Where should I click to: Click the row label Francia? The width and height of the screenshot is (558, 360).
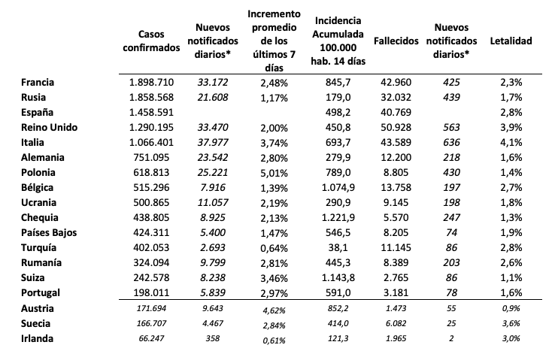pos(38,82)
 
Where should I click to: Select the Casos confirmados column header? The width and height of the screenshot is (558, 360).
pos(151,41)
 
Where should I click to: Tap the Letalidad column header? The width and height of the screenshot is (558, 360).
pos(511,41)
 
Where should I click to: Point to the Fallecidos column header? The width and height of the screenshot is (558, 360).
pos(396,41)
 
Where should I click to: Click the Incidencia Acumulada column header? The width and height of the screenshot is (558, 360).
pos(338,41)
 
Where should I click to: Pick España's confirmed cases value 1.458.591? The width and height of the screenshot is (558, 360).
pos(151,113)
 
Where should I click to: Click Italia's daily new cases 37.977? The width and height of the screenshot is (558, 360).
pos(213,142)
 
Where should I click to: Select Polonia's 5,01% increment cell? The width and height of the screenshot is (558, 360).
pos(274,173)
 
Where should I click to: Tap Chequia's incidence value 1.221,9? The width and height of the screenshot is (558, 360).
pos(338,217)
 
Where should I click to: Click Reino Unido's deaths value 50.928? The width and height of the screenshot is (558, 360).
pos(396,127)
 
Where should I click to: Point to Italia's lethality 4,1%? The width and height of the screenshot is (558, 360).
pos(511,142)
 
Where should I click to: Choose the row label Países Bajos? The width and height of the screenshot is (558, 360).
pos(49,233)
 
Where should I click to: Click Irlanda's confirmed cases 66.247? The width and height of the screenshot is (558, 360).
pos(151,338)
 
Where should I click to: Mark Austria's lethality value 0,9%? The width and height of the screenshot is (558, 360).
pos(511,308)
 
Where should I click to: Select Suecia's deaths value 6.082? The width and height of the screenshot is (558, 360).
pos(396,323)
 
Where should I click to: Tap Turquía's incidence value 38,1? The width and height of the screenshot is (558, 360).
pos(338,247)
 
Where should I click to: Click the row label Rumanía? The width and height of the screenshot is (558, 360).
pos(41,262)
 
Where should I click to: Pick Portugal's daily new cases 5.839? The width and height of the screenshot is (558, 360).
pos(213,293)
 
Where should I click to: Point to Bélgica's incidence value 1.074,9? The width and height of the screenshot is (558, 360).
pos(338,187)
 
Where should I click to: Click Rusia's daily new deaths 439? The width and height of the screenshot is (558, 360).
pos(451,98)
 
